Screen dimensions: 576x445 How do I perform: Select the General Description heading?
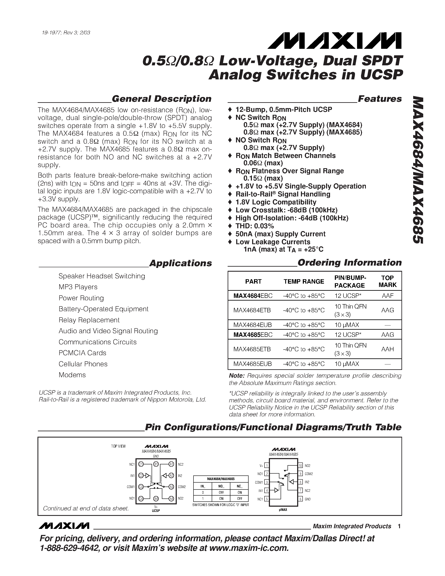161,99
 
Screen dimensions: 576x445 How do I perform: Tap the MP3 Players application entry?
78,287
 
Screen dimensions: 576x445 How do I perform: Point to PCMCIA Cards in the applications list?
82,353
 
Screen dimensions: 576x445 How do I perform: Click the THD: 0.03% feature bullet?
254,226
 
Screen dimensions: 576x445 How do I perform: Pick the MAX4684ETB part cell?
252,310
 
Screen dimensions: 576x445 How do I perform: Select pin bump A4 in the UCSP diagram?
171,499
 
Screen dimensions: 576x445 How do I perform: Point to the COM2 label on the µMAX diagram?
308,474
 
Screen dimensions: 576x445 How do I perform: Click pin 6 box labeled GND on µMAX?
300,499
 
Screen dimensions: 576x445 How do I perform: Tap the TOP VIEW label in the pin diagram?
118,446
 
